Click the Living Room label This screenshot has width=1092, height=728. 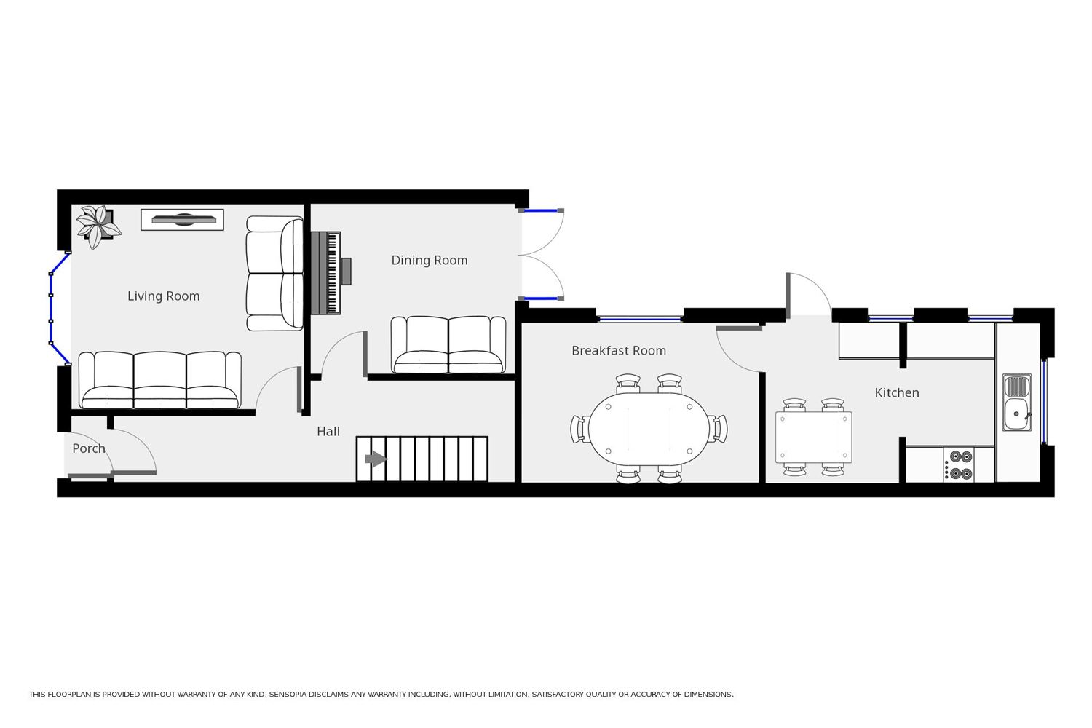click(163, 296)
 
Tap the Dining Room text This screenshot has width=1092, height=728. click(429, 261)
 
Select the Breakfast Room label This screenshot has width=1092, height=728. click(618, 351)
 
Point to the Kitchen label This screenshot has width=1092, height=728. click(896, 393)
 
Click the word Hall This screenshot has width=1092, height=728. click(328, 432)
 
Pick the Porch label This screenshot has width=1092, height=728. click(88, 448)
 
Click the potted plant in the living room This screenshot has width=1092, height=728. click(98, 225)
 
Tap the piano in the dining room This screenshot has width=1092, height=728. click(328, 273)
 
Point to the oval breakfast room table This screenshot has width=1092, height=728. click(648, 429)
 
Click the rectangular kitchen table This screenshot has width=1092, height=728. click(813, 437)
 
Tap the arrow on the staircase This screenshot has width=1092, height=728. click(375, 459)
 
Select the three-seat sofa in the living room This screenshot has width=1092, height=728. click(160, 380)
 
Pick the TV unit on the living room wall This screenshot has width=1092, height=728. click(182, 219)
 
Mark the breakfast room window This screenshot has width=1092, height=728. click(639, 318)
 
